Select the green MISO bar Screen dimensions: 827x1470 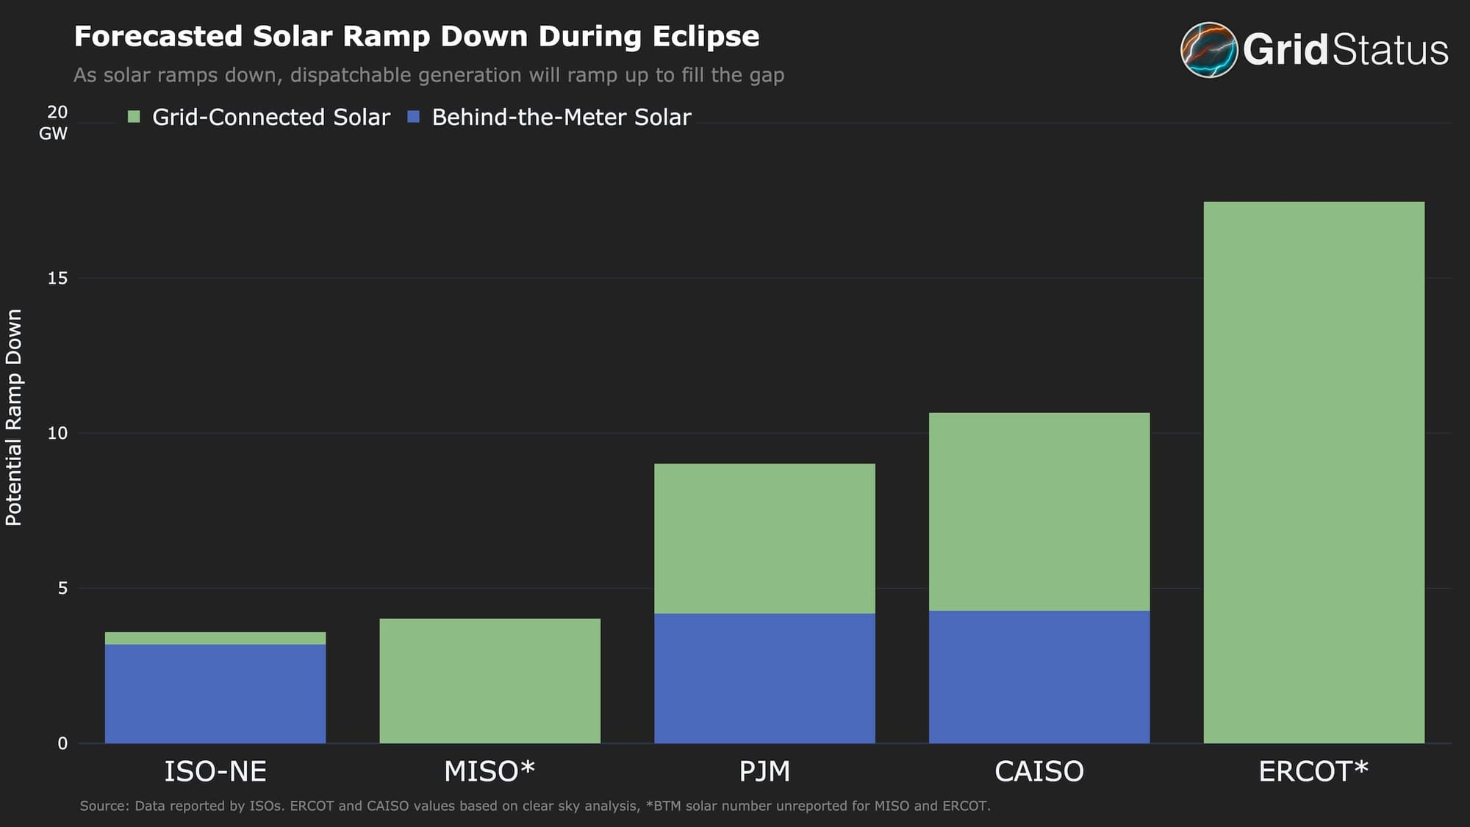tap(490, 681)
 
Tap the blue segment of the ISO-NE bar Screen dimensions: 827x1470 tap(215, 693)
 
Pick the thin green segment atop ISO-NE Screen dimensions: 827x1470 tap(215, 638)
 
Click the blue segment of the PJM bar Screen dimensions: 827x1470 tap(764, 678)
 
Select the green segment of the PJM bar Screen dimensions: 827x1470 tap(764, 538)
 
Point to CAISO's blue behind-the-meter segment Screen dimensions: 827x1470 tap(1039, 676)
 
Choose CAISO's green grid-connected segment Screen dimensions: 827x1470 tap(1039, 512)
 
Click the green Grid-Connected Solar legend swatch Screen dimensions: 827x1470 tap(134, 117)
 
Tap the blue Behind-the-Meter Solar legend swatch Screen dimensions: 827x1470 tap(413, 117)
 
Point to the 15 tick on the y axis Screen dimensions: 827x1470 tap(57, 278)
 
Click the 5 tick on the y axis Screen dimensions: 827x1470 tap(62, 588)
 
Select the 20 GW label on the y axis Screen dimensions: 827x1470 tap(55, 122)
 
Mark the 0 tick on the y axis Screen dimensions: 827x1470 tap(62, 743)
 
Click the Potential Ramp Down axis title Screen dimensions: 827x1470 tap(14, 417)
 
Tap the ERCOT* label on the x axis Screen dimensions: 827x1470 tap(1313, 771)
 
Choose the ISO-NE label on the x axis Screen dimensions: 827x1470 tap(215, 771)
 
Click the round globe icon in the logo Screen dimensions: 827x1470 tap(1208, 49)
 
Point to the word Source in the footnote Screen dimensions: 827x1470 tap(103, 806)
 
